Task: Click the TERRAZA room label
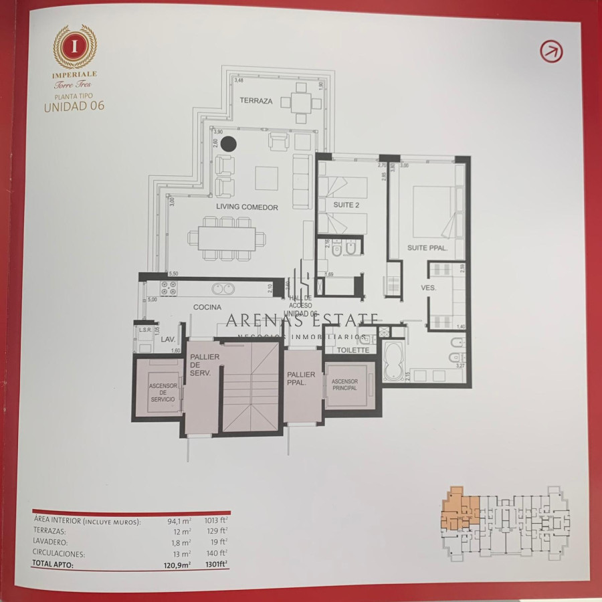click(x=256, y=101)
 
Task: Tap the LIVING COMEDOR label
click(x=247, y=207)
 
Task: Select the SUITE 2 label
click(x=346, y=205)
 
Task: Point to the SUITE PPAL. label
click(x=427, y=248)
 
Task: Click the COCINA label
click(x=207, y=307)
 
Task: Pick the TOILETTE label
click(x=353, y=350)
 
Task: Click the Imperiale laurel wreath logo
click(x=75, y=45)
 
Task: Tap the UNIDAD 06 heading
click(x=74, y=105)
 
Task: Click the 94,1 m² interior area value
click(x=179, y=521)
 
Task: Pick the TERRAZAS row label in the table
click(x=49, y=532)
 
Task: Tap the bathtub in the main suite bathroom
click(x=393, y=361)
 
